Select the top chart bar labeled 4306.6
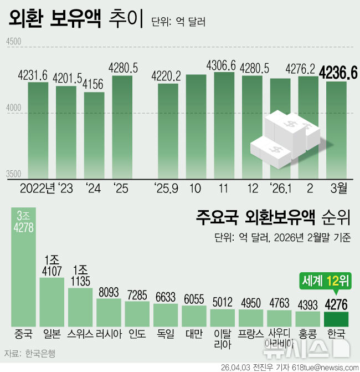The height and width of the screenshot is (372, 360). [x=224, y=125]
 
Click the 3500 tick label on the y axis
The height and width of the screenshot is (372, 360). [x=13, y=174]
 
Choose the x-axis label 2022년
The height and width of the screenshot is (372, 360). [x=37, y=189]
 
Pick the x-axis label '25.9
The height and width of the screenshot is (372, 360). [x=167, y=189]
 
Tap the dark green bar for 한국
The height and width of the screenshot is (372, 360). [x=336, y=319]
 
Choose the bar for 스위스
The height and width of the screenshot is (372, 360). [x=81, y=307]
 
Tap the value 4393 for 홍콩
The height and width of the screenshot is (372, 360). [x=308, y=304]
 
